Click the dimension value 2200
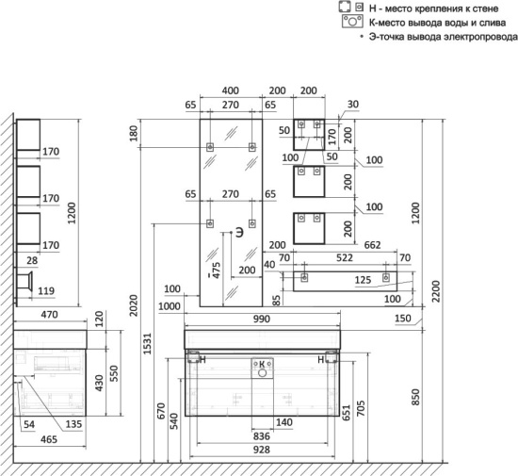[436, 291]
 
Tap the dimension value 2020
[133, 305]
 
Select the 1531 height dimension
[147, 343]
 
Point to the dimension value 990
[261, 319]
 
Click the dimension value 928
[261, 450]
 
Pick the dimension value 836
[261, 436]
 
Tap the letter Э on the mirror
[239, 233]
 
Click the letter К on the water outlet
[262, 364]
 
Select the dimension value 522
[344, 258]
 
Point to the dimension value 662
[372, 245]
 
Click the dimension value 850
[415, 397]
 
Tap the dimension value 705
[361, 408]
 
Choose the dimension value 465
[49, 439]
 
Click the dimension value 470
[49, 315]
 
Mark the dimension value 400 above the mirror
[230, 90]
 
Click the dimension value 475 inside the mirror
[216, 271]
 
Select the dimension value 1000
[170, 306]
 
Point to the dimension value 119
[46, 291]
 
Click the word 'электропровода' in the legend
[480, 37]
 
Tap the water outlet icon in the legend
[352, 22]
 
